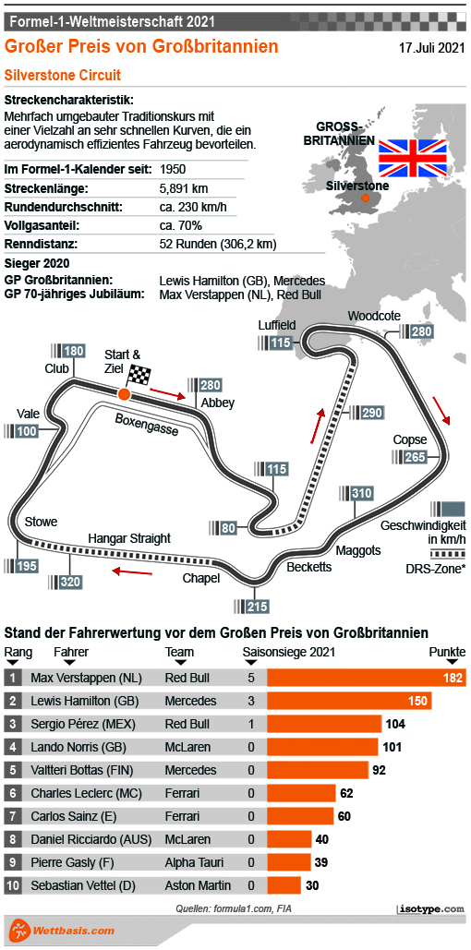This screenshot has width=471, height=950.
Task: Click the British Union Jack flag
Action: pos(413,157)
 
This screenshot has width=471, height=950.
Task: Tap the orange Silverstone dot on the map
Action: pos(366,198)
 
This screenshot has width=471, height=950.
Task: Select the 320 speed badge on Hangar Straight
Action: pos(66,583)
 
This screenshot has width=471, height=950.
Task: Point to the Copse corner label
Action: pos(409,439)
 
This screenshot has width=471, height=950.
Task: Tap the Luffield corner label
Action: pos(277,326)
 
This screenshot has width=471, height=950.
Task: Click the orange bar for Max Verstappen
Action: pos(366,678)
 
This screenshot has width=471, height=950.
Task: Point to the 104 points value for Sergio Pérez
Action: pos(396,724)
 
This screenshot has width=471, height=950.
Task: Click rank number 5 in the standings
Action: pos(13,770)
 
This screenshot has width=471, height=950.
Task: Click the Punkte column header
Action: pos(447,653)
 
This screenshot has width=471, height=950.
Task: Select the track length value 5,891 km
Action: pos(183,188)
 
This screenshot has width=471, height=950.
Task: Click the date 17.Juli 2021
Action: pos(431,46)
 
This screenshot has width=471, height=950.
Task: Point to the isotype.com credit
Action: pos(430,909)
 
